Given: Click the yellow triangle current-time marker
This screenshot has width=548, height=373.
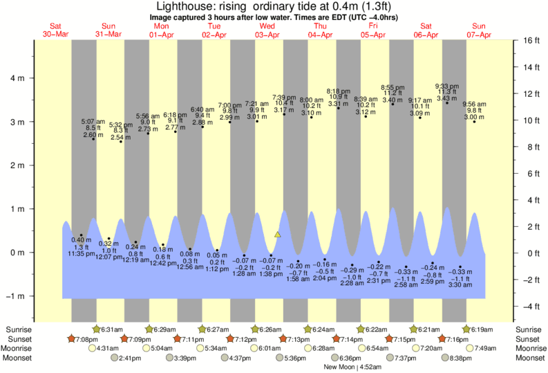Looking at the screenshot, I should click(x=278, y=235).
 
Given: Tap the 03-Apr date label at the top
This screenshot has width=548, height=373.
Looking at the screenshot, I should click(x=267, y=35).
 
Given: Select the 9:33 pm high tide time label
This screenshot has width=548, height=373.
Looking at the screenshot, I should click(x=446, y=86).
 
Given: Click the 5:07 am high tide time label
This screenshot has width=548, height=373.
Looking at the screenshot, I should click(x=93, y=120).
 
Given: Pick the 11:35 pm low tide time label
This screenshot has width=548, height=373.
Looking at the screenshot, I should click(x=81, y=254).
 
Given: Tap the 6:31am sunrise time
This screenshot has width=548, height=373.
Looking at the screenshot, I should click(x=113, y=329).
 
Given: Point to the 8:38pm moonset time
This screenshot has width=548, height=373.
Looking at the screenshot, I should click(x=461, y=358).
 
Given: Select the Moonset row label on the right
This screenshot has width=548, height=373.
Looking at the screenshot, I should click(x=529, y=358).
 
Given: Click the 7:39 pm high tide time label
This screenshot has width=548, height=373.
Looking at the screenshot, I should click(x=284, y=98).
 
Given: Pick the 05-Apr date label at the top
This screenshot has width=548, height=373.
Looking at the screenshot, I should click(x=373, y=35).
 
